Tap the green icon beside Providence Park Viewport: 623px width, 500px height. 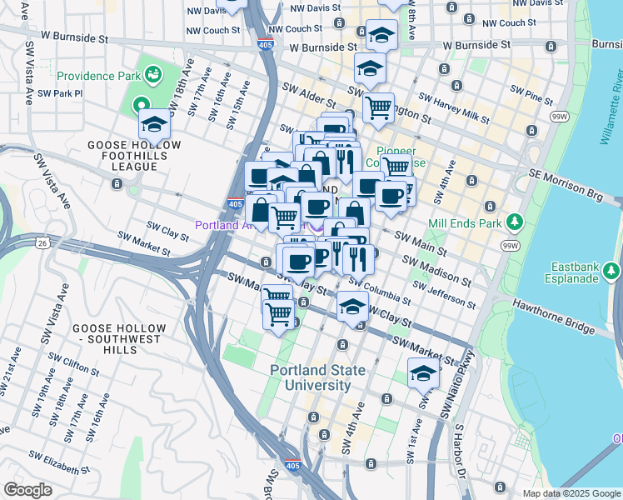[x=153, y=77]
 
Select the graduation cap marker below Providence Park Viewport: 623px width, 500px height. [x=154, y=125]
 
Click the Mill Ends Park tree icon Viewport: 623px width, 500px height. [x=515, y=222]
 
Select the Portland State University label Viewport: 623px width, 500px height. [x=310, y=377]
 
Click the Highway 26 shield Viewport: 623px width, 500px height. [x=42, y=242]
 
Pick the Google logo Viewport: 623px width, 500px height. [x=27, y=490]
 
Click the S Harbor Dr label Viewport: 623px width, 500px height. [x=459, y=450]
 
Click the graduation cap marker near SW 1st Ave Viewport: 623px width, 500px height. [x=423, y=374]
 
